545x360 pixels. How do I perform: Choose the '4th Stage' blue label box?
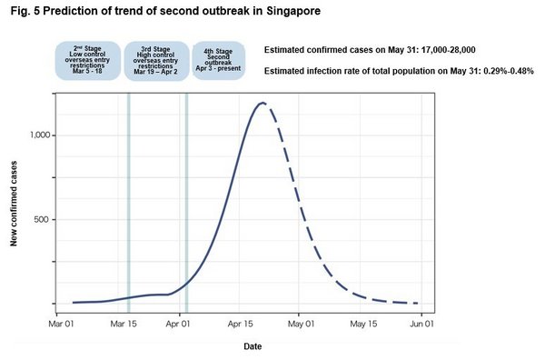218,61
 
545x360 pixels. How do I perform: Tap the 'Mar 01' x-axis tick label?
61,324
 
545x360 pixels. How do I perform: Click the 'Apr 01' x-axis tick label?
179,324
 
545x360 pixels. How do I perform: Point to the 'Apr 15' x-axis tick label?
241,324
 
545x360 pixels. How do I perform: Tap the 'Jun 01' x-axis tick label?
421,324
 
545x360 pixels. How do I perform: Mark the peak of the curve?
263,103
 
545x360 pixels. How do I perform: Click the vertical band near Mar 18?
128,200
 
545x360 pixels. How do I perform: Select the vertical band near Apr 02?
186,200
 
